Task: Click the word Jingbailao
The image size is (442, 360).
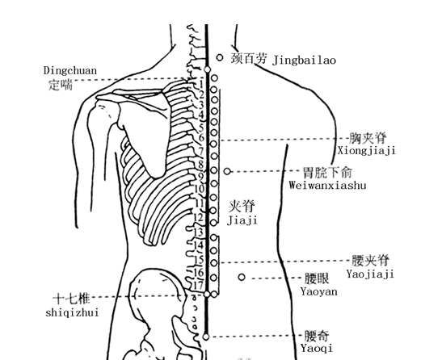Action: [304, 61]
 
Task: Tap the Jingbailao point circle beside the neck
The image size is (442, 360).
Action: [220, 58]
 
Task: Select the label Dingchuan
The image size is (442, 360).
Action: [70, 70]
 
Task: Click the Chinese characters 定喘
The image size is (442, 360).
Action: [61, 85]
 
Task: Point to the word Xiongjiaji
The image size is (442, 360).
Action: [367, 151]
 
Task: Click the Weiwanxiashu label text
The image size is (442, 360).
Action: [327, 186]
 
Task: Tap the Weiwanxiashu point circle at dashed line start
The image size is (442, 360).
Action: [227, 171]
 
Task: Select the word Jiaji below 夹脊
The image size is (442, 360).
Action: [242, 220]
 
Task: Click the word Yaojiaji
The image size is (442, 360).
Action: [370, 274]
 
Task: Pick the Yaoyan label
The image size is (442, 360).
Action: [319, 291]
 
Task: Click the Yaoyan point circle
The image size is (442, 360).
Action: [242, 277]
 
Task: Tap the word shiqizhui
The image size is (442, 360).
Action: [72, 312]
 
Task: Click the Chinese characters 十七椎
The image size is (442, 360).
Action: [72, 299]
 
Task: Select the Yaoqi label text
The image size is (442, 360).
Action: [317, 349]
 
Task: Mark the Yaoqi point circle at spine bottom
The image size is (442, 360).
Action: [206, 337]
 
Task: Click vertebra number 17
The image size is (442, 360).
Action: [199, 285]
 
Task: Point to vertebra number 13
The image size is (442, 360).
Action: [199, 232]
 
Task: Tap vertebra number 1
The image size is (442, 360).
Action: [201, 84]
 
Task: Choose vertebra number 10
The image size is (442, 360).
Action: [200, 188]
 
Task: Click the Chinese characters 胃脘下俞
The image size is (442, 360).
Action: [327, 173]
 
